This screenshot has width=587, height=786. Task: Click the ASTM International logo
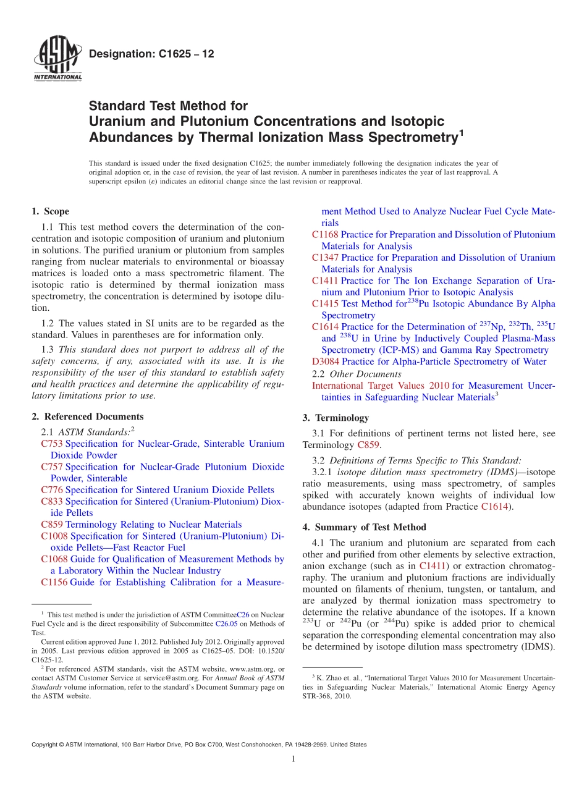click(57, 59)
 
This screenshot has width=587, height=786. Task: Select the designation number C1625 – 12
click(151, 54)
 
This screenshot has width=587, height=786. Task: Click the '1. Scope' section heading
click(51, 211)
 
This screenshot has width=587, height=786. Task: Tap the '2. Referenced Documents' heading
click(88, 416)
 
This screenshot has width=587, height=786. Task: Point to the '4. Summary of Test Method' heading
click(365, 527)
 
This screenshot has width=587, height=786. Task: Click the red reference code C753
click(52, 444)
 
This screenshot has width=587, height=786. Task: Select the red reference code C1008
click(54, 536)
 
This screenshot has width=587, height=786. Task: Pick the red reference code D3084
click(326, 361)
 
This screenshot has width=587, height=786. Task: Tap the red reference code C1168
click(325, 234)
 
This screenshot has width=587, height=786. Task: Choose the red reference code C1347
click(325, 257)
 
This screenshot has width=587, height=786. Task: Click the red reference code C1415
click(325, 303)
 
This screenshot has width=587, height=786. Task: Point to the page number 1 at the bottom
click(293, 759)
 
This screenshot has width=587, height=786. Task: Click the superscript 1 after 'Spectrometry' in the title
click(461, 132)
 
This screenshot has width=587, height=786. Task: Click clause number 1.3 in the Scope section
click(48, 349)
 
